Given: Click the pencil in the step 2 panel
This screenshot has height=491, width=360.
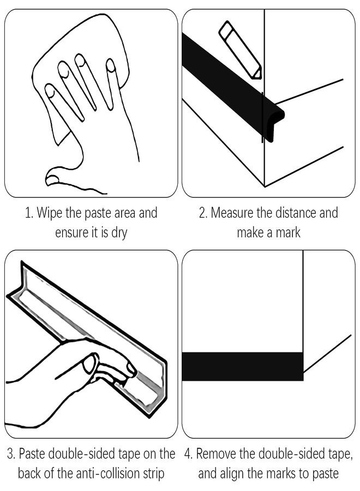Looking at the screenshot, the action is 240,50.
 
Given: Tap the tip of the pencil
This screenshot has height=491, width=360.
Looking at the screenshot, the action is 259,77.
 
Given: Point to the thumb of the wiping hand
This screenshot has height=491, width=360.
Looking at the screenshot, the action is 63,178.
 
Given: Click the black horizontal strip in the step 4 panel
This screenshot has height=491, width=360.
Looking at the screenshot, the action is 243,367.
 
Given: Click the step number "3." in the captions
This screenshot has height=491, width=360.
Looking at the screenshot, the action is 11,454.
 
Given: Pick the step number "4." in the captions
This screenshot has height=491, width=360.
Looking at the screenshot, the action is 188,454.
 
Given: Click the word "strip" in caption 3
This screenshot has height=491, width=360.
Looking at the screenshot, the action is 154,474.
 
